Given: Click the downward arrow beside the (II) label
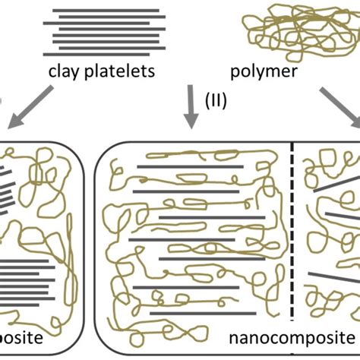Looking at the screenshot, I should coord(190,106).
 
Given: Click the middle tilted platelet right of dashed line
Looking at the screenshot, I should coord(334,220).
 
